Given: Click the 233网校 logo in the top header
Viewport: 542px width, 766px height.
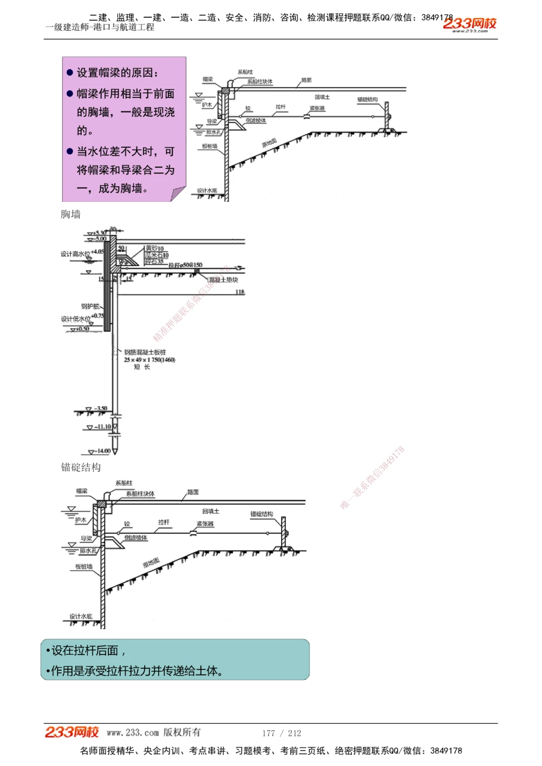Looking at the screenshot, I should point(469,24).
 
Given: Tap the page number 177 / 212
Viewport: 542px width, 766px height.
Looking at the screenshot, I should point(281,733).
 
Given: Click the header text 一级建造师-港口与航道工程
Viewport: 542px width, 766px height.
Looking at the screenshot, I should point(100,27).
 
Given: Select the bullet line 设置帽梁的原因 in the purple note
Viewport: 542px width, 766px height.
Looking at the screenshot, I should point(117,73).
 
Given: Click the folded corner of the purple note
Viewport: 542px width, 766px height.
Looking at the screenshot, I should point(178,194).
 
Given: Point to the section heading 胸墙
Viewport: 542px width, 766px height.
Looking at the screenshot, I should point(70,214).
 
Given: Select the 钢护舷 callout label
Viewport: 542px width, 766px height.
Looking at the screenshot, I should point(91,306).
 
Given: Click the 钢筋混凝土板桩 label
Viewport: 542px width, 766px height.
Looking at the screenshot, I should point(145,352).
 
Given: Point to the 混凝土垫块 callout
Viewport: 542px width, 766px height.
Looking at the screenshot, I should point(223,280).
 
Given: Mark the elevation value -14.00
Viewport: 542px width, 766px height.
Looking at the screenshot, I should point(103,450).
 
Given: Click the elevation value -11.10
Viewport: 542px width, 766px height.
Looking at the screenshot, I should point(103,427).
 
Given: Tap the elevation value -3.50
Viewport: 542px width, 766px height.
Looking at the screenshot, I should point(101,408).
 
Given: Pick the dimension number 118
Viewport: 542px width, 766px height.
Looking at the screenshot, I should point(240,292).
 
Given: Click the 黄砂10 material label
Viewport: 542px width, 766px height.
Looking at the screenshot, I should point(154,248).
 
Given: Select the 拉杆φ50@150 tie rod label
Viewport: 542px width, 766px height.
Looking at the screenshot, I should point(185,265).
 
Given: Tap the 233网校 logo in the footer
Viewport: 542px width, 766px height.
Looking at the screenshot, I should point(72,732).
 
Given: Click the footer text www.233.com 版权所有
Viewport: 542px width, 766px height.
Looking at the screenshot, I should point(153,732).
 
